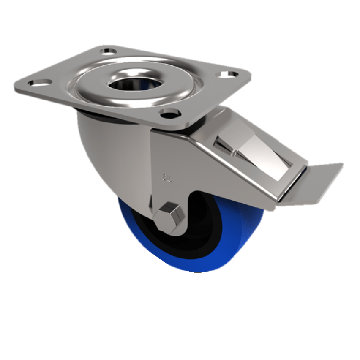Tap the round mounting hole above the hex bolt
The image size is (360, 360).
pos(169,112)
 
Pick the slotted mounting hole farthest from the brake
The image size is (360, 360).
pos(36,83)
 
